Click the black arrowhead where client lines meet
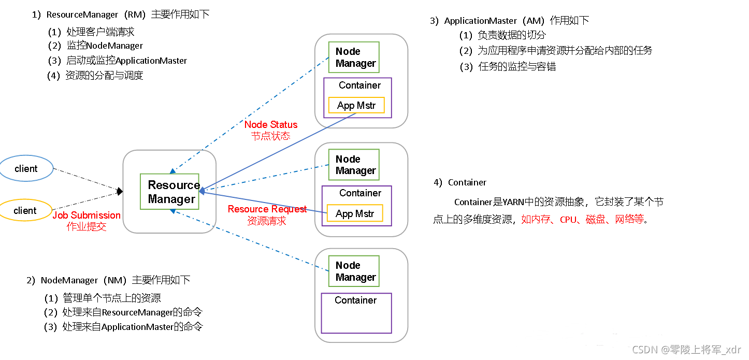120,191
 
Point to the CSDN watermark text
686,349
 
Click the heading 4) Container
460,182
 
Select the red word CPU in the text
568,220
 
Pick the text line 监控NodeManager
105,46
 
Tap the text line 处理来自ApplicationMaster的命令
133,326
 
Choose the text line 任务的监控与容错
517,66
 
